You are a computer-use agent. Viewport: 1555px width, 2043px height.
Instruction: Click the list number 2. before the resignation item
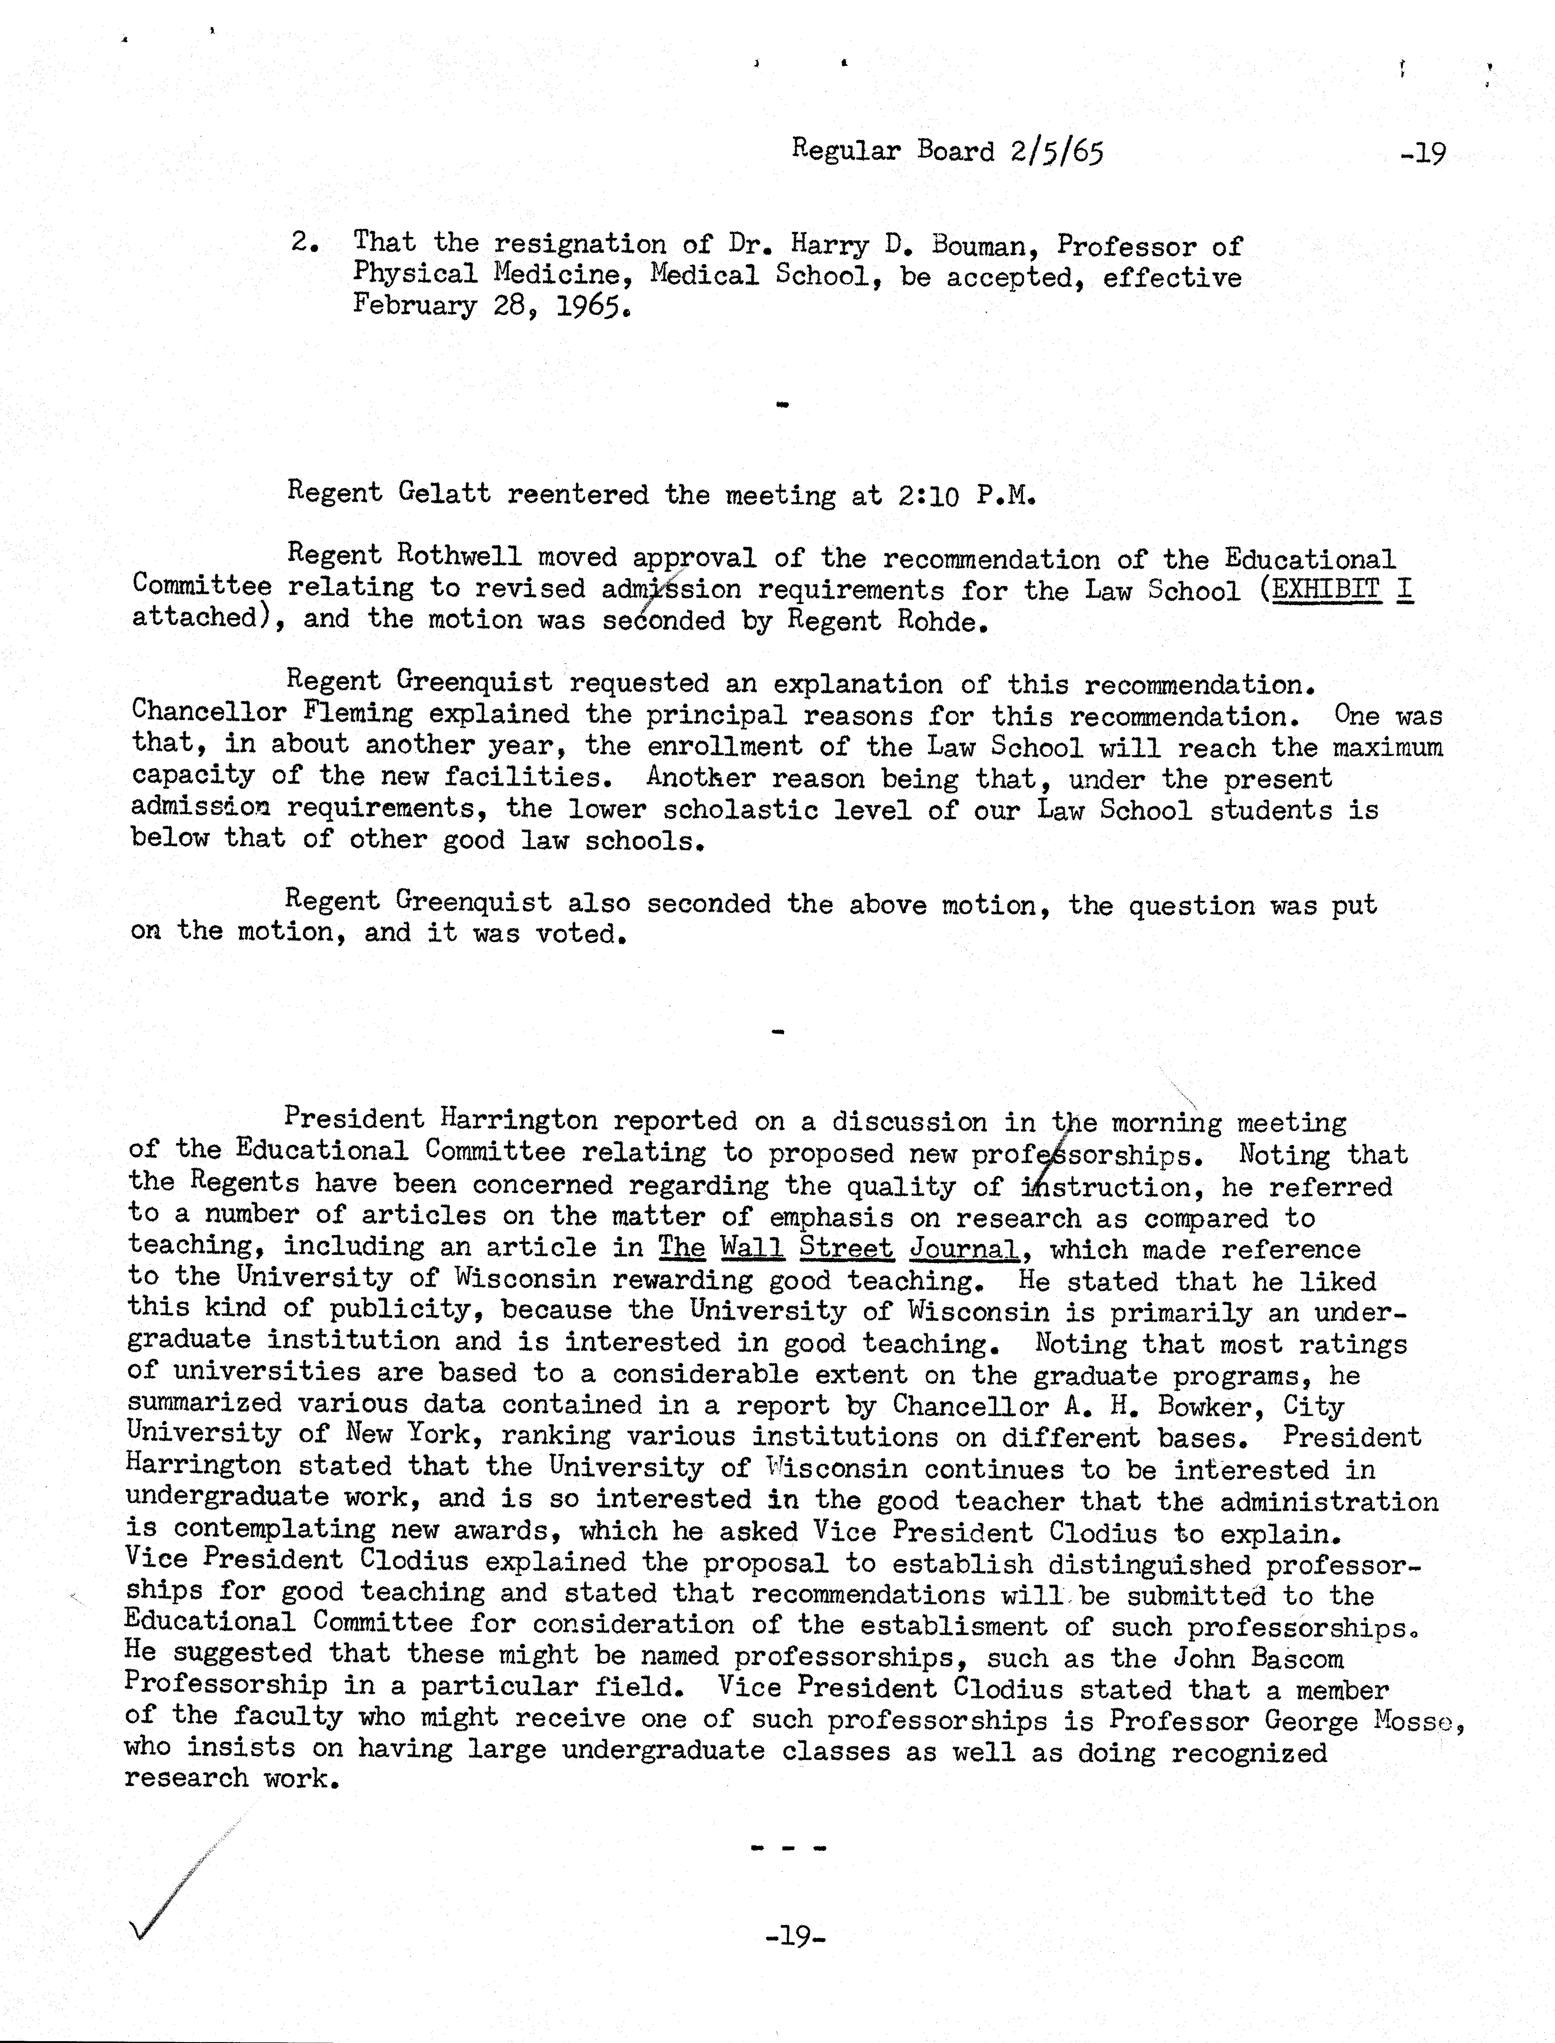tap(305, 243)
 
